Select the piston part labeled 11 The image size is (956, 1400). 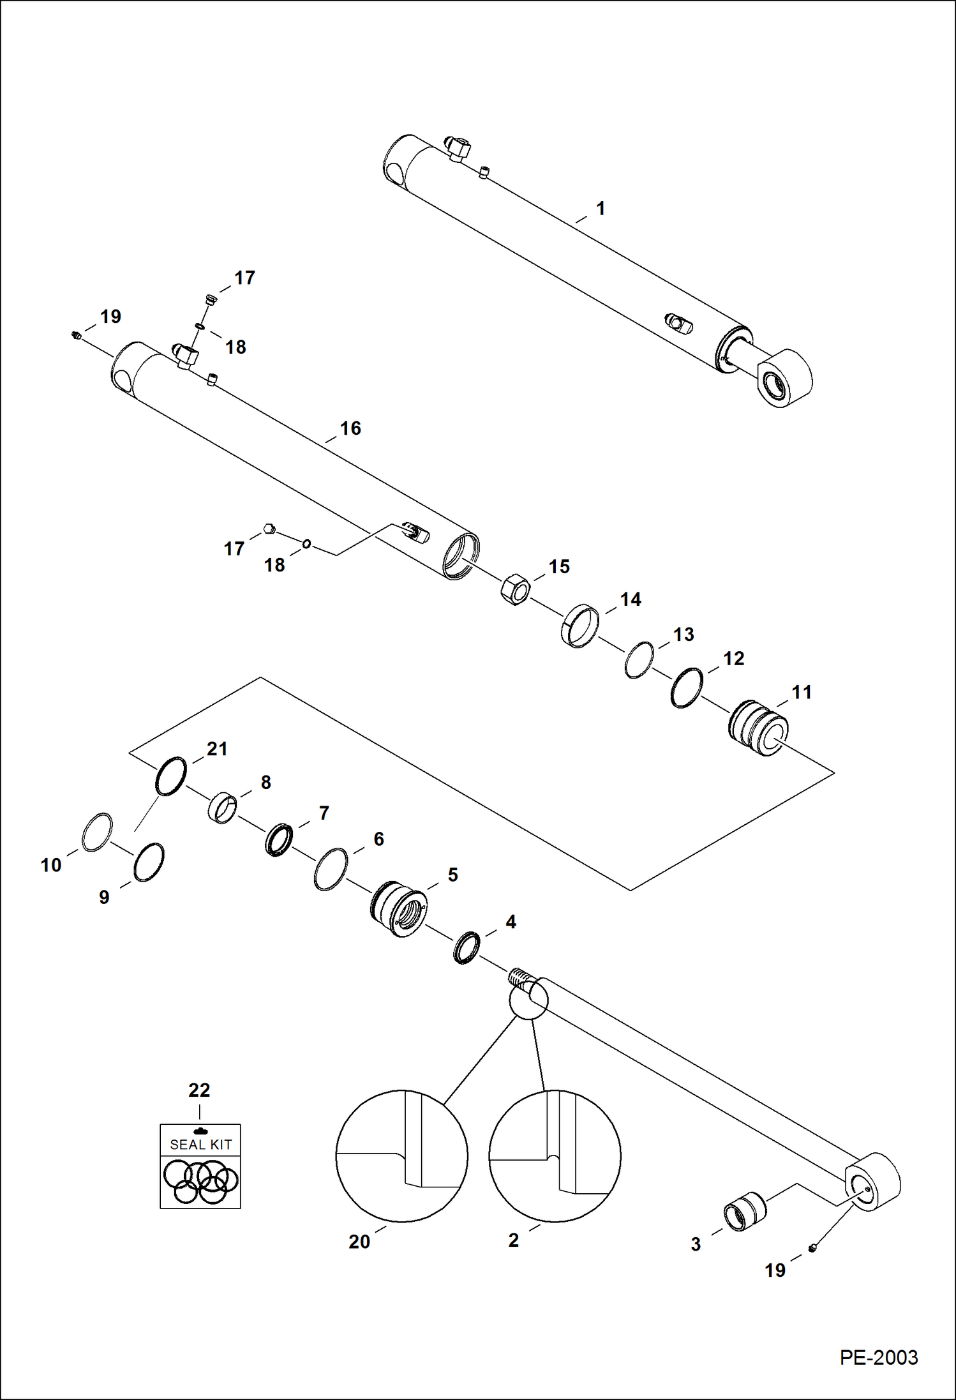pyautogui.click(x=758, y=728)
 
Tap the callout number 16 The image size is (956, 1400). pyautogui.click(x=350, y=428)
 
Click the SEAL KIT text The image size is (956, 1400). pyautogui.click(x=200, y=1145)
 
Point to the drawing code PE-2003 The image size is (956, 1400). pyautogui.click(x=878, y=1358)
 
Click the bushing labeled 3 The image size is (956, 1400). pyautogui.click(x=744, y=1211)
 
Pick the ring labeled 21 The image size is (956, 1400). pyautogui.click(x=171, y=776)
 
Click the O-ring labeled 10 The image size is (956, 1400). pyautogui.click(x=98, y=832)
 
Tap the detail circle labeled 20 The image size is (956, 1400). pyautogui.click(x=401, y=1156)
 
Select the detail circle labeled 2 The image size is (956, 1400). pyautogui.click(x=555, y=1156)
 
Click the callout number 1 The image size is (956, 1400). pyautogui.click(x=600, y=209)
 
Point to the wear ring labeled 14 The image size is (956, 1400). pyautogui.click(x=580, y=626)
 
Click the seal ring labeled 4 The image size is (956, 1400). pyautogui.click(x=467, y=947)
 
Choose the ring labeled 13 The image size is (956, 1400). pyautogui.click(x=639, y=660)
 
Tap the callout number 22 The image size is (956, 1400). pyautogui.click(x=199, y=1090)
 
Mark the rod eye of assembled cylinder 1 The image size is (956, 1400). pyautogui.click(x=784, y=379)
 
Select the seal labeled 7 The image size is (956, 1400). pyautogui.click(x=279, y=840)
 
